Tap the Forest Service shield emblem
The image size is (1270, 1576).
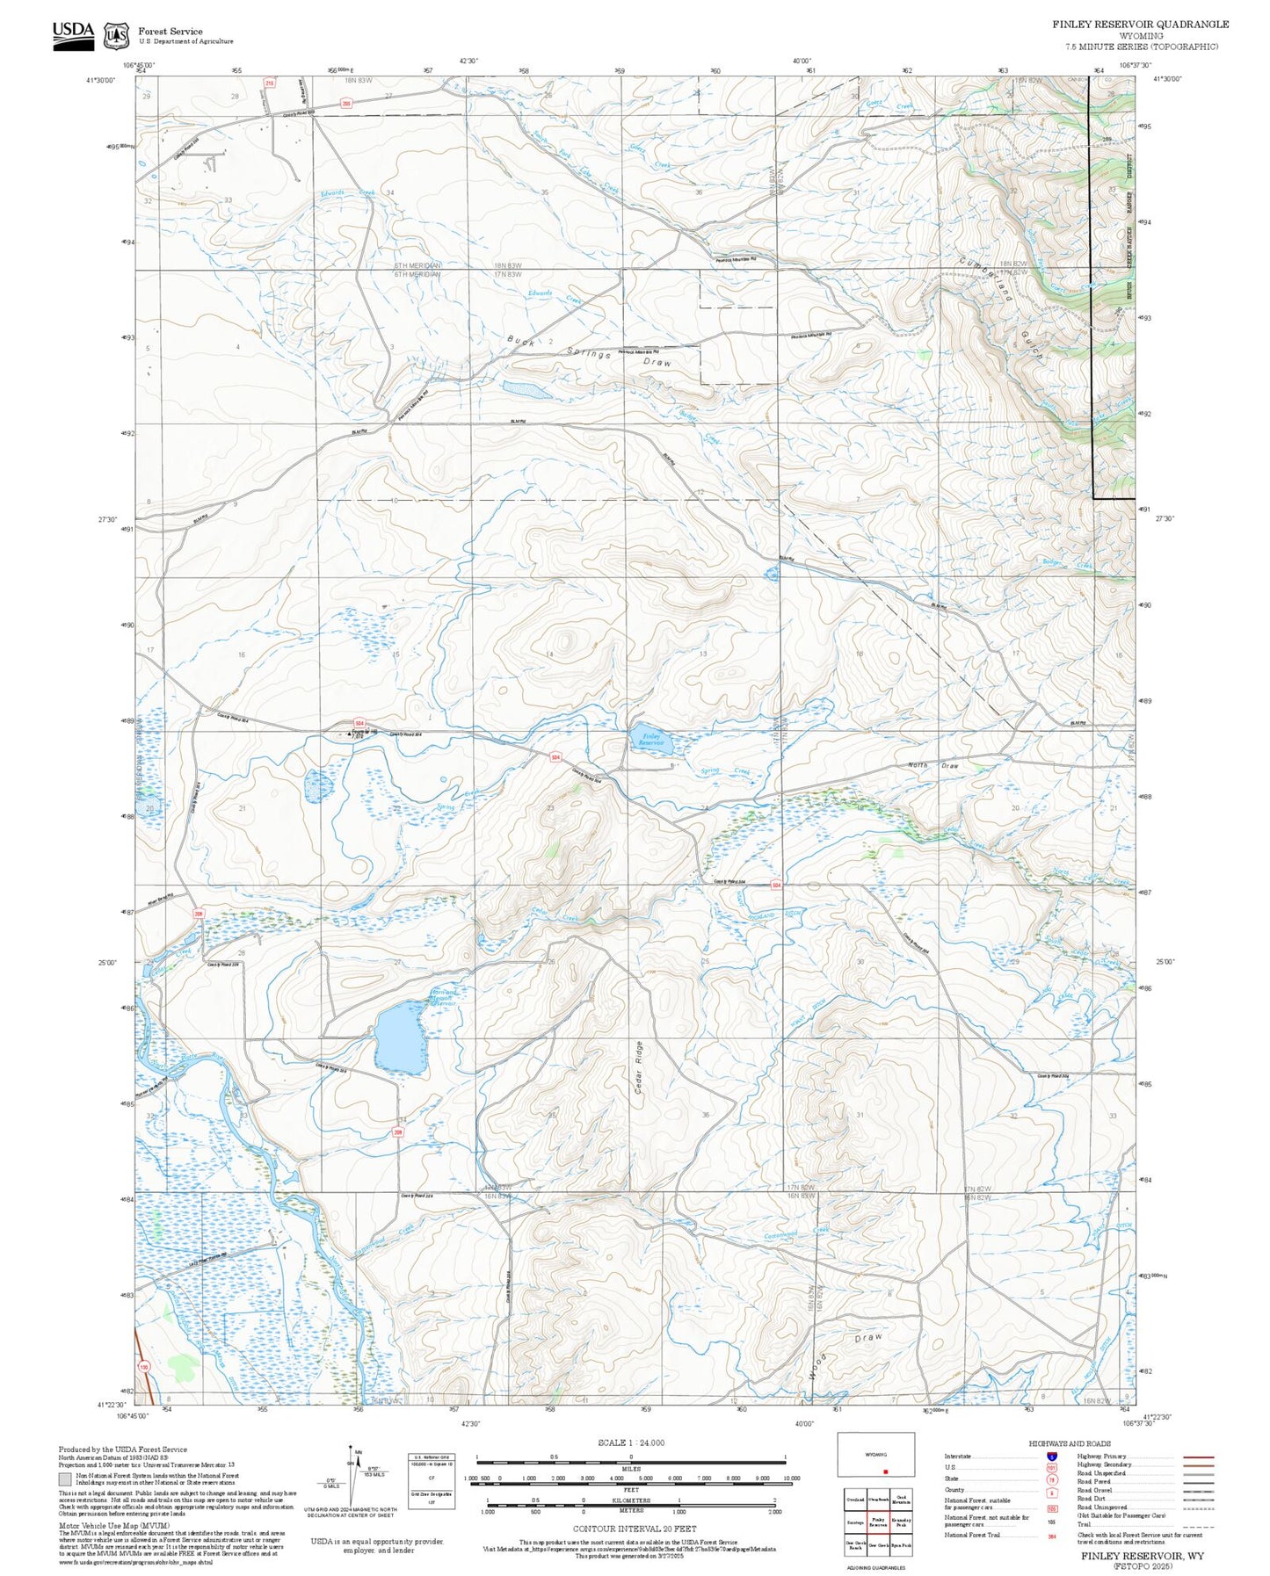pyautogui.click(x=115, y=36)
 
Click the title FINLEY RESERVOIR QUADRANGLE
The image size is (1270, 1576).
pyautogui.click(x=1140, y=25)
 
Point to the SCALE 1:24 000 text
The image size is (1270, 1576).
pyautogui.click(x=630, y=1442)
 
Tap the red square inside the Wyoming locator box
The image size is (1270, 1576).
pyautogui.click(x=885, y=1471)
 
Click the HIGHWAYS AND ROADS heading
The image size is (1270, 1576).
pyautogui.click(x=1069, y=1443)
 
